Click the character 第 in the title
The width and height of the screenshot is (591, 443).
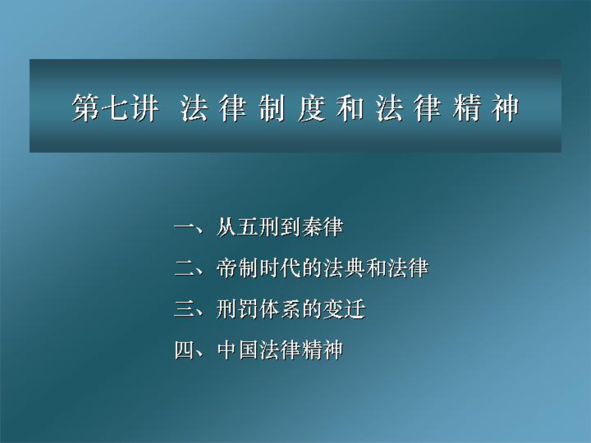pos(86,108)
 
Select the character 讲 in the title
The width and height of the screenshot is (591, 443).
pos(144,108)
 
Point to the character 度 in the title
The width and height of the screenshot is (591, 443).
pos(312,108)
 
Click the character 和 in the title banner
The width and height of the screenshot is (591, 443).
pos(350,108)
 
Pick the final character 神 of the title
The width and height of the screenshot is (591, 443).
pos(505,108)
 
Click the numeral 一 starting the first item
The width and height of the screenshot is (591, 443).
pos(185,227)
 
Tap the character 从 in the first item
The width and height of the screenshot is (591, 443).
pos(227,227)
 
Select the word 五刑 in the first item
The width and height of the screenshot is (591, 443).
pos(259,227)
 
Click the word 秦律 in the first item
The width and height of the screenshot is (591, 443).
pos(322,227)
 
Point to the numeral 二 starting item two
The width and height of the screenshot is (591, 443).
pos(185,268)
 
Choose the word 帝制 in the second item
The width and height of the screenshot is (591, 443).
pos(238,268)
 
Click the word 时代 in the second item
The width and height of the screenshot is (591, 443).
pos(280,268)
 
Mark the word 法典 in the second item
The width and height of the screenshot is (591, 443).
pos(343,268)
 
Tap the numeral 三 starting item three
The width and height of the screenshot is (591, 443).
pos(185,309)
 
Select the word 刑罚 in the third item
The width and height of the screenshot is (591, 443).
pos(238,309)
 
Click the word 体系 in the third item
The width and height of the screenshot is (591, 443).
pos(280,309)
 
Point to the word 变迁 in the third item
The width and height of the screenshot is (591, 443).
pos(343,309)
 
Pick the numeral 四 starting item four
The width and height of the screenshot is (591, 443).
pos(185,350)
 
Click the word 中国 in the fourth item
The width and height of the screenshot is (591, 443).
pos(238,350)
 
